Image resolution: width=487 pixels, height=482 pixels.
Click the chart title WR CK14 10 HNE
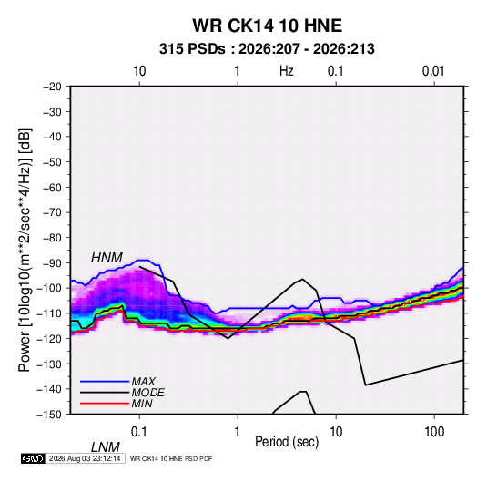pos(267,26)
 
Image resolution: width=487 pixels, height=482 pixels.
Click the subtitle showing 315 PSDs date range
pos(267,49)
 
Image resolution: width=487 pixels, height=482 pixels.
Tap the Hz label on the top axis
pos(287,71)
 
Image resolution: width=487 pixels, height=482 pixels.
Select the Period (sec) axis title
pos(287,442)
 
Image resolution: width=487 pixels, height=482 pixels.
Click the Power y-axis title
pos(25,251)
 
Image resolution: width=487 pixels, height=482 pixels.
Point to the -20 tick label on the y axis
pos(53,87)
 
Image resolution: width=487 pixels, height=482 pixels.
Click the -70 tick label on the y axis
pos(53,212)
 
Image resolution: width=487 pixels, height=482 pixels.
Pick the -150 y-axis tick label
pos(49,415)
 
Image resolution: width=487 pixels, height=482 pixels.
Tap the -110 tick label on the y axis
pos(49,313)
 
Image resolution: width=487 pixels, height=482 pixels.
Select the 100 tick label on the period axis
pos(434,432)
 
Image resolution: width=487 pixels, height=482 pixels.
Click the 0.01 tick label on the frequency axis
pos(433,71)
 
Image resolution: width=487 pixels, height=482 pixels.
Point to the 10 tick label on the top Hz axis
pos(139,71)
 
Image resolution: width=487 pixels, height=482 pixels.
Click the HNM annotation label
pos(107,258)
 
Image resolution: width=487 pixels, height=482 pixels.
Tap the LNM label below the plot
pos(106,447)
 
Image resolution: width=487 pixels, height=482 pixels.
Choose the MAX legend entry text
pos(144,381)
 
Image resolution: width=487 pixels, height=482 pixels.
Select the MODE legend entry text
pos(147,393)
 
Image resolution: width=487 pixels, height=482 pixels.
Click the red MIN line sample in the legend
pos(105,404)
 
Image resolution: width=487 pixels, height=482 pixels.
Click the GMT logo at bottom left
pos(33,458)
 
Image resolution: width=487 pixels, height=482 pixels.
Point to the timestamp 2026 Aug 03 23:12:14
pos(85,458)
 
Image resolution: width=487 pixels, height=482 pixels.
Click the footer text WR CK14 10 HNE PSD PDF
pos(171,458)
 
